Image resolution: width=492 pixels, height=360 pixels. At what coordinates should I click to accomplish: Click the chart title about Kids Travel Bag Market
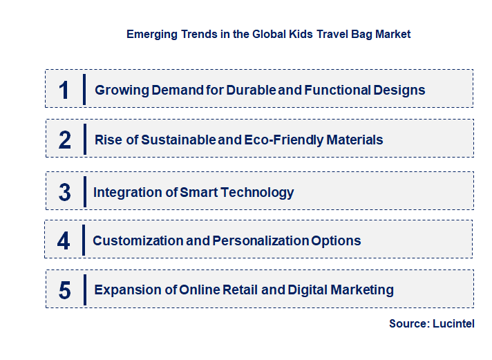coord(268,34)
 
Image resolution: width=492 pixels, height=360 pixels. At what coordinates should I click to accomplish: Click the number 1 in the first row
coord(64,90)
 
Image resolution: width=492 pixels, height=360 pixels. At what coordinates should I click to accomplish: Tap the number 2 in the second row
coord(65,140)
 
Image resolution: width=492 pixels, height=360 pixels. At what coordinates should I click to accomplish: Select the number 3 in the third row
coord(65,192)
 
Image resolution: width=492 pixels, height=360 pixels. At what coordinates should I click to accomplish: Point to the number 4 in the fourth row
coord(64,241)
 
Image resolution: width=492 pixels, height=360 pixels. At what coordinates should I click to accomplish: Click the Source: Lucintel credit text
coord(431,324)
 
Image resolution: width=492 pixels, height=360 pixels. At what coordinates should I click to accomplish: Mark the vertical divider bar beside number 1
coord(84,89)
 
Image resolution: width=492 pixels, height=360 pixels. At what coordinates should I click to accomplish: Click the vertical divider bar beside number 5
coord(84,290)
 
